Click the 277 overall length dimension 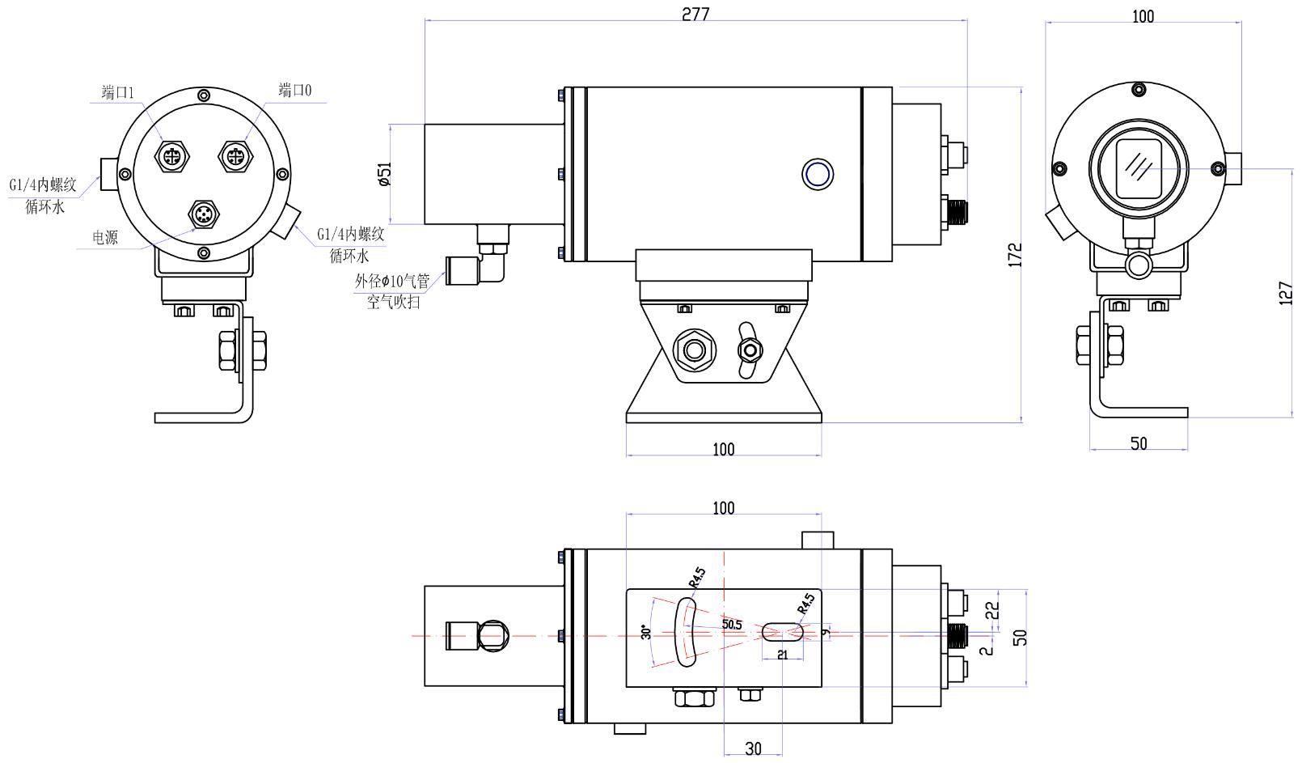click(x=695, y=14)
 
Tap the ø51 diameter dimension click(x=385, y=174)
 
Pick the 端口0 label click(x=294, y=89)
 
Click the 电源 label click(x=105, y=237)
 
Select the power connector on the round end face click(x=202, y=214)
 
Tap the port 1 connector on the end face click(x=172, y=155)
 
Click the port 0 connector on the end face click(x=235, y=155)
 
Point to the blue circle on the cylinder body click(x=817, y=174)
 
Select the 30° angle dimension click(x=645, y=633)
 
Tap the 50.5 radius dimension click(x=732, y=625)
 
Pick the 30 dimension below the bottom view click(x=753, y=748)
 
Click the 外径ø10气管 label click(x=392, y=282)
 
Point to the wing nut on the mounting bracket click(x=750, y=350)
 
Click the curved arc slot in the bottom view click(x=687, y=631)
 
